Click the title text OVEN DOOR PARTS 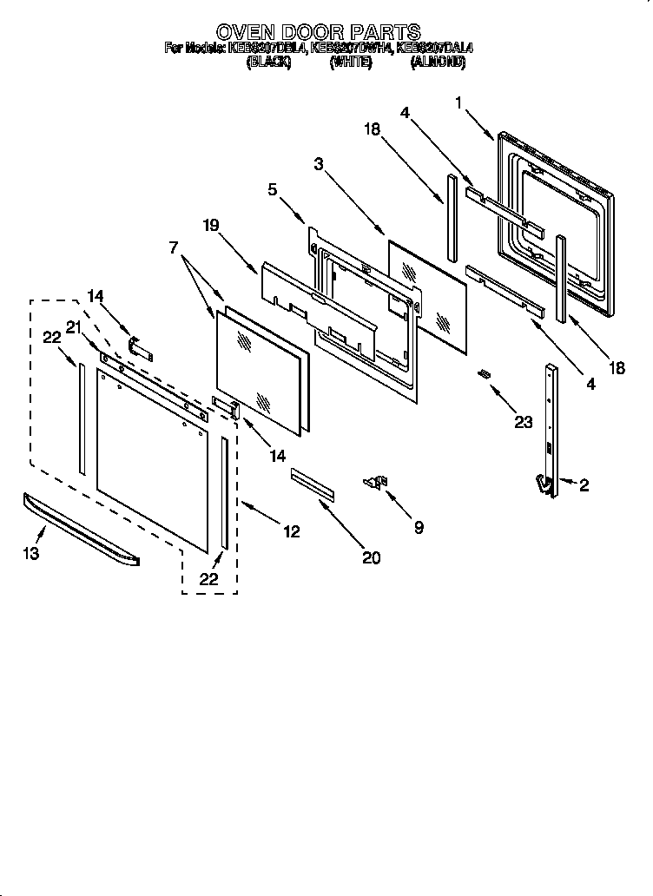[318, 34]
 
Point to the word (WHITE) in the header [351, 63]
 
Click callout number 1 [458, 102]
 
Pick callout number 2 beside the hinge [584, 486]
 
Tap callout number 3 [320, 163]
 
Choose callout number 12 [292, 531]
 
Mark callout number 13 [31, 553]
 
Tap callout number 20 [371, 557]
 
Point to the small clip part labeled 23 [485, 373]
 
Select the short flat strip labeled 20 [312, 484]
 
